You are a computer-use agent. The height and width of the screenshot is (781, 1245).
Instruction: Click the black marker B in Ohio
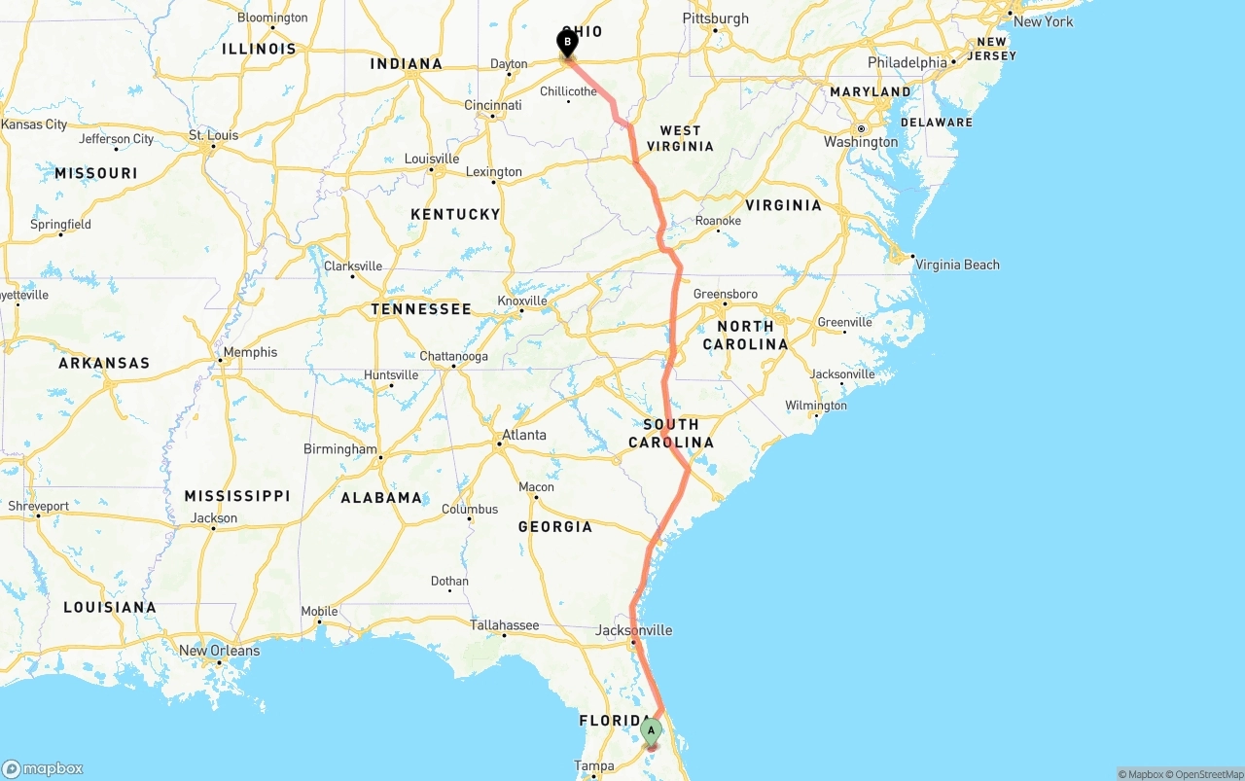[x=566, y=42]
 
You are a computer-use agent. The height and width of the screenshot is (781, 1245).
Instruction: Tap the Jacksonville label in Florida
[x=633, y=630]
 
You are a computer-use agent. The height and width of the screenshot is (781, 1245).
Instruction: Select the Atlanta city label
[x=524, y=435]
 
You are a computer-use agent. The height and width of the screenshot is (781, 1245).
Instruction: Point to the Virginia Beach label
[x=957, y=265]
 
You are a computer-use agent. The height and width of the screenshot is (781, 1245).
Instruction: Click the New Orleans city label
[x=219, y=651]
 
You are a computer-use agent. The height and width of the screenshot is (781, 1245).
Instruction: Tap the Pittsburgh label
[x=716, y=18]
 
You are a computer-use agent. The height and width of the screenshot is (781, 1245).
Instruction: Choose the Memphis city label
[x=250, y=352]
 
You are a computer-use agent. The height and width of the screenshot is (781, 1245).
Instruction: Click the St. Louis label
[x=215, y=135]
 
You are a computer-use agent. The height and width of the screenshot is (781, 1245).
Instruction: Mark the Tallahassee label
[x=504, y=625]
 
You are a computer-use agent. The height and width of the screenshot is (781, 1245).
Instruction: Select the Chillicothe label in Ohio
[x=568, y=91]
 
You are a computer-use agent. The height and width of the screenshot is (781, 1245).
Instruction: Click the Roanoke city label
[x=718, y=221]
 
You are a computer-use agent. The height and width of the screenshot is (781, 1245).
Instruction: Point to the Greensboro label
[x=725, y=294]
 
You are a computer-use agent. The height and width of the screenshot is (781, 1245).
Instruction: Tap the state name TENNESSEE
[x=421, y=309]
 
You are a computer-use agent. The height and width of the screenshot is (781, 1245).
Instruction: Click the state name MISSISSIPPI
[x=237, y=496]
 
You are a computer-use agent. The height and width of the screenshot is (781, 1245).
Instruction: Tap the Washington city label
[x=861, y=142]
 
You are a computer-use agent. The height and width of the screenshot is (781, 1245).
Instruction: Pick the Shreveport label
[x=39, y=506]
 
